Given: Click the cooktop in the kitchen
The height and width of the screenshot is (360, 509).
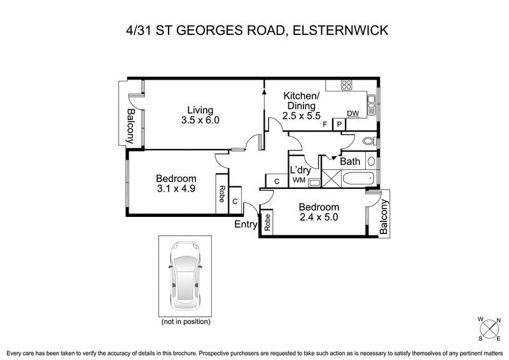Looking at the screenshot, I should coord(348,84).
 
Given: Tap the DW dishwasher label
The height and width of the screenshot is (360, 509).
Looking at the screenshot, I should coord(353,114).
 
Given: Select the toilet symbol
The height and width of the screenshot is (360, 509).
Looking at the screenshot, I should coord(368,141).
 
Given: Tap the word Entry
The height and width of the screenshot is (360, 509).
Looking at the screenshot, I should coord(246,225).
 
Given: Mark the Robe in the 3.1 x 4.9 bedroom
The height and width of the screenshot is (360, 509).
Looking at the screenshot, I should coord(221,193).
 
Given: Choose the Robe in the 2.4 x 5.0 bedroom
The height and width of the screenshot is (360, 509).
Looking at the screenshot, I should coord(268,223).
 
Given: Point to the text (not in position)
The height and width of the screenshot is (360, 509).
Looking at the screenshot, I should coord(185,322).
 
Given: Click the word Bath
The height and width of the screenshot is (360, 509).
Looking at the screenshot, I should coord(350,162).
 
